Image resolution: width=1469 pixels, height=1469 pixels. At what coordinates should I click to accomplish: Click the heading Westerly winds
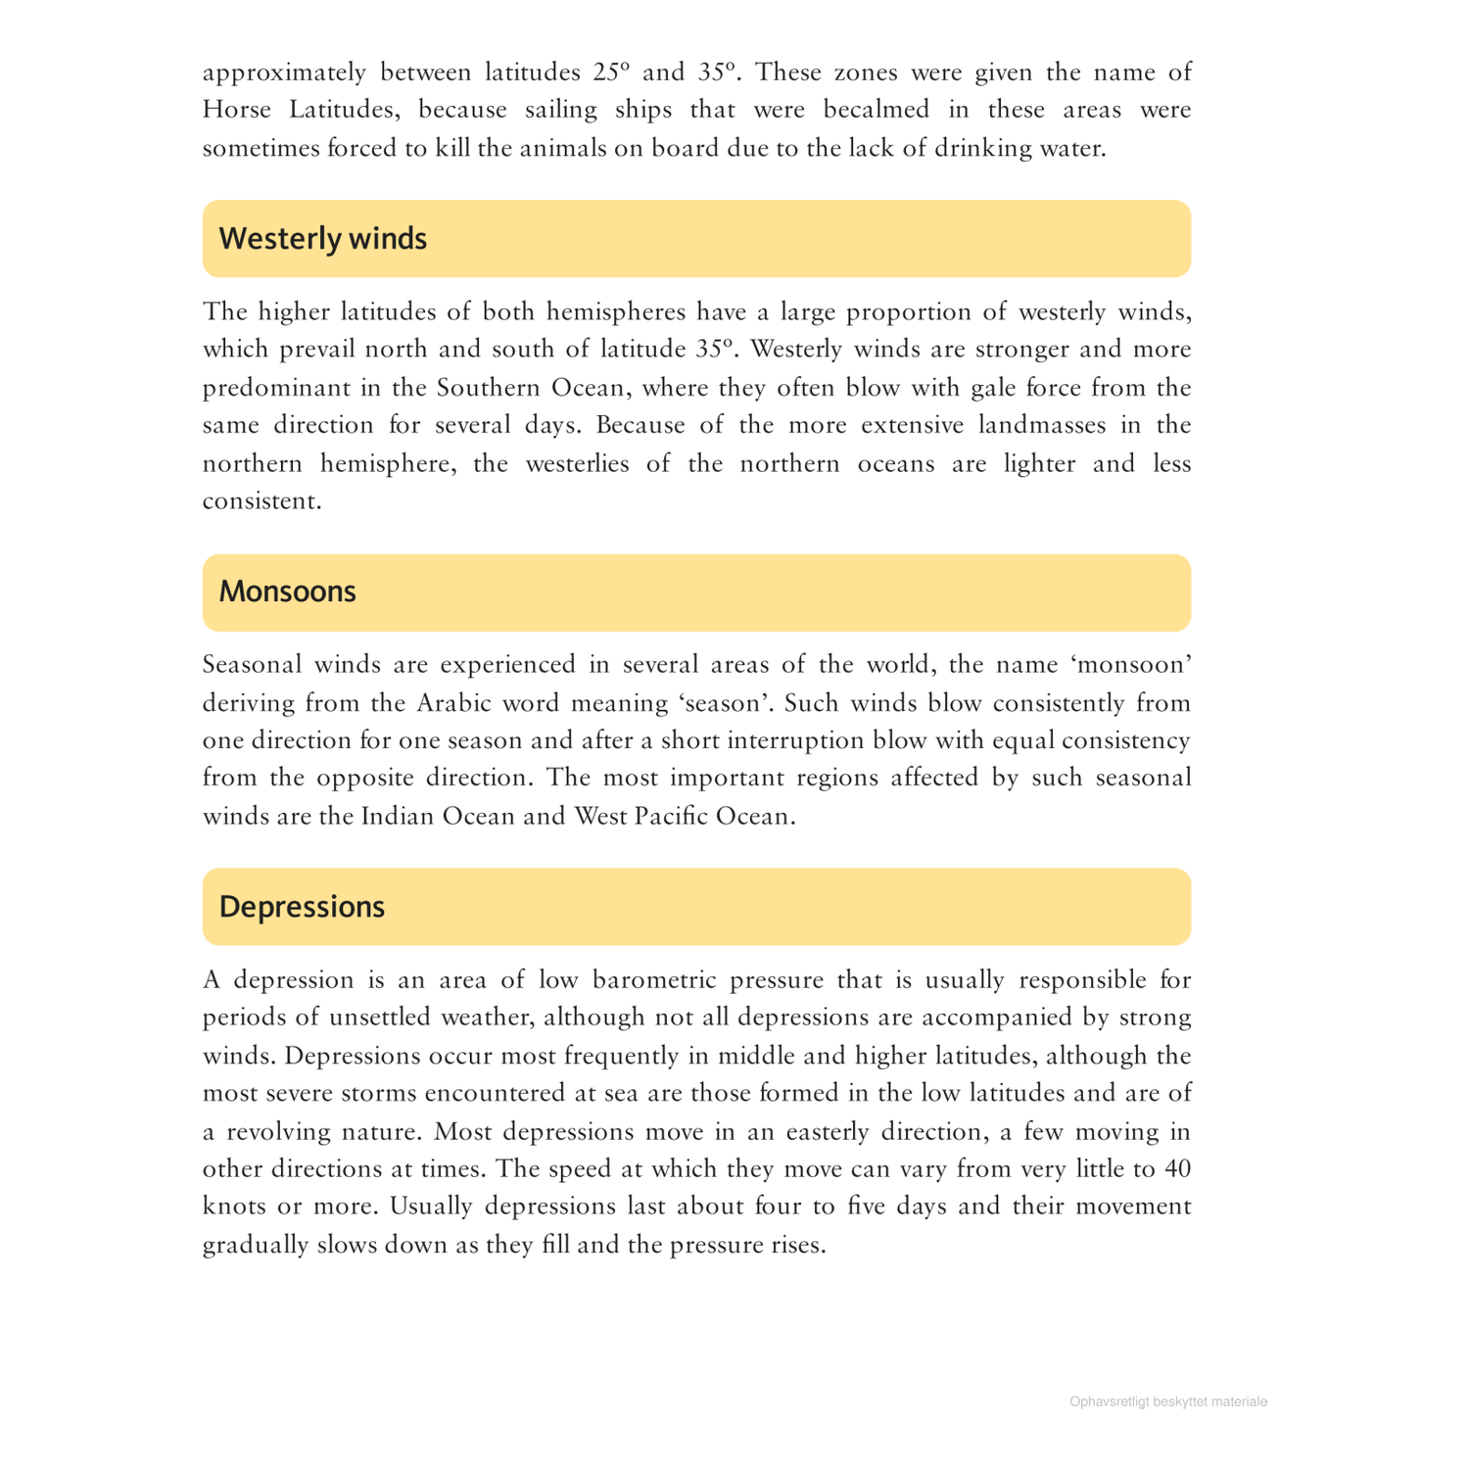322,239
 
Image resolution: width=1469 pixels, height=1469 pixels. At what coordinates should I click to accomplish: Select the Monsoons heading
287,592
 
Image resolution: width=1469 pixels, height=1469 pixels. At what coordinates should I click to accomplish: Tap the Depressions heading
302,907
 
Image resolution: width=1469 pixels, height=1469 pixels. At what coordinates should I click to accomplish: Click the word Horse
237,110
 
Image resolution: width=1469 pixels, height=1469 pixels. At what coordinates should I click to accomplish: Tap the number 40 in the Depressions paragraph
1177,1169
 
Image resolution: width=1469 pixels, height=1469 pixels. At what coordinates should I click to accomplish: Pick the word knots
234,1207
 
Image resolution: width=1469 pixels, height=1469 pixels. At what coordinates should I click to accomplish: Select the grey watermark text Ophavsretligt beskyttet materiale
1168,1402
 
